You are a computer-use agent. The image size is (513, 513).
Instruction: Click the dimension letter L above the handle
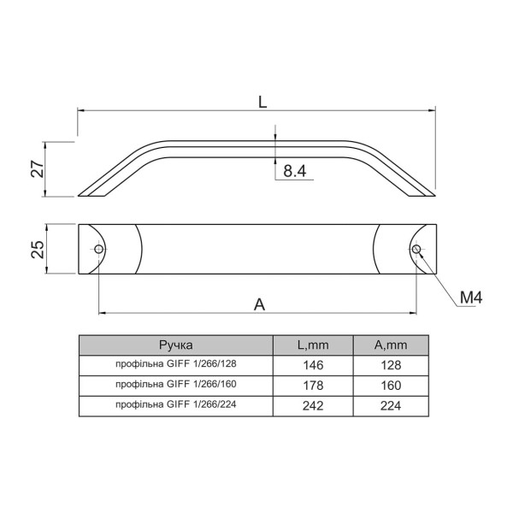click(262, 102)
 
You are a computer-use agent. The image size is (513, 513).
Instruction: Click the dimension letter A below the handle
click(259, 305)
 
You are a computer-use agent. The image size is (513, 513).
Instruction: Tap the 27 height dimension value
click(38, 169)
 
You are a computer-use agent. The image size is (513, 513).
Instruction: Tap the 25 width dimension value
click(38, 250)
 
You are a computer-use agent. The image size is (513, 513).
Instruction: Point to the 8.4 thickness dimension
click(295, 171)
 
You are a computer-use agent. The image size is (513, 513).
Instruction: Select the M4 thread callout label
click(471, 298)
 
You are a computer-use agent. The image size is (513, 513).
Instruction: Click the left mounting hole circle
click(98, 250)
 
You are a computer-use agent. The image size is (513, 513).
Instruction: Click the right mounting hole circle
click(416, 250)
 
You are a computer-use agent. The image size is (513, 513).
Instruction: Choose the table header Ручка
click(176, 345)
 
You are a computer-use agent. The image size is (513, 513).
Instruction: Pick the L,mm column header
click(313, 345)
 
